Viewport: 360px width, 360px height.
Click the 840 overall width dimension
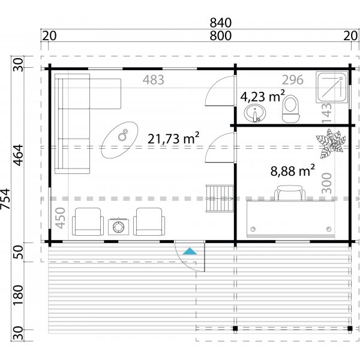coord(220,23)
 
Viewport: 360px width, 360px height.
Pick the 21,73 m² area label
coord(173,139)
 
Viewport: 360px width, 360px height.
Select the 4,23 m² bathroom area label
coord(262,96)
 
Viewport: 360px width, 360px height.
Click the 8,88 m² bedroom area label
coord(293,171)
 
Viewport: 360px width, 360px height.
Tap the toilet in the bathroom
coord(290,109)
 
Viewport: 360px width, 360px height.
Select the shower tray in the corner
coord(332,88)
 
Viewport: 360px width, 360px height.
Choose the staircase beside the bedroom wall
coord(220,199)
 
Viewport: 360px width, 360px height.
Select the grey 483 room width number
coord(153,80)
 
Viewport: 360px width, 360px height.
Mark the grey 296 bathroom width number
coord(294,80)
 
